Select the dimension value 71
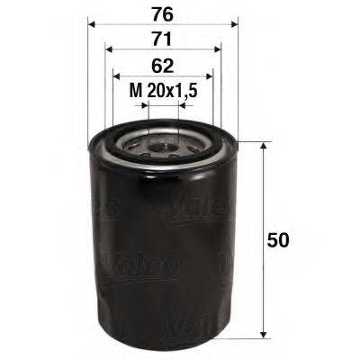[x=162, y=39]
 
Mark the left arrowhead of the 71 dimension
[x=108, y=50]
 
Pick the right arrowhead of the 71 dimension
[x=217, y=50]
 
